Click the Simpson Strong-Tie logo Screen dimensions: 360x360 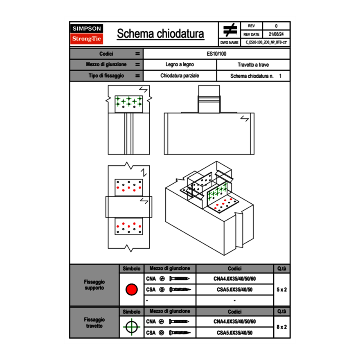[87, 34]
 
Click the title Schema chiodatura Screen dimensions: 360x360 [160, 34]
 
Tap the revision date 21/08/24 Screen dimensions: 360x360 [276, 34]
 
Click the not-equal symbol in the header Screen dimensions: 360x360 [229, 30]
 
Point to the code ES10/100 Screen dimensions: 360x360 [216, 54]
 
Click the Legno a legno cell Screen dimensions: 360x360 [180, 65]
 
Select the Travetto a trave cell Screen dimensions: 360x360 [253, 65]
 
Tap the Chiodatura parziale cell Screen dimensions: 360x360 [180, 76]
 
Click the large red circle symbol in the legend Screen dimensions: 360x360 [131, 290]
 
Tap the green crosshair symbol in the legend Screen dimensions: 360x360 [131, 327]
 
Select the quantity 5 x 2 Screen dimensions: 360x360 [281, 290]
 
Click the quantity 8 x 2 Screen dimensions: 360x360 [281, 327]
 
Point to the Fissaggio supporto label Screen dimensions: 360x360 [94, 285]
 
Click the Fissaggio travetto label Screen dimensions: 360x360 [94, 322]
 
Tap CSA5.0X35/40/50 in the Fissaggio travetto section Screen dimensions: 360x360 [234, 333]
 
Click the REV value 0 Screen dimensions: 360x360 [276, 26]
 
